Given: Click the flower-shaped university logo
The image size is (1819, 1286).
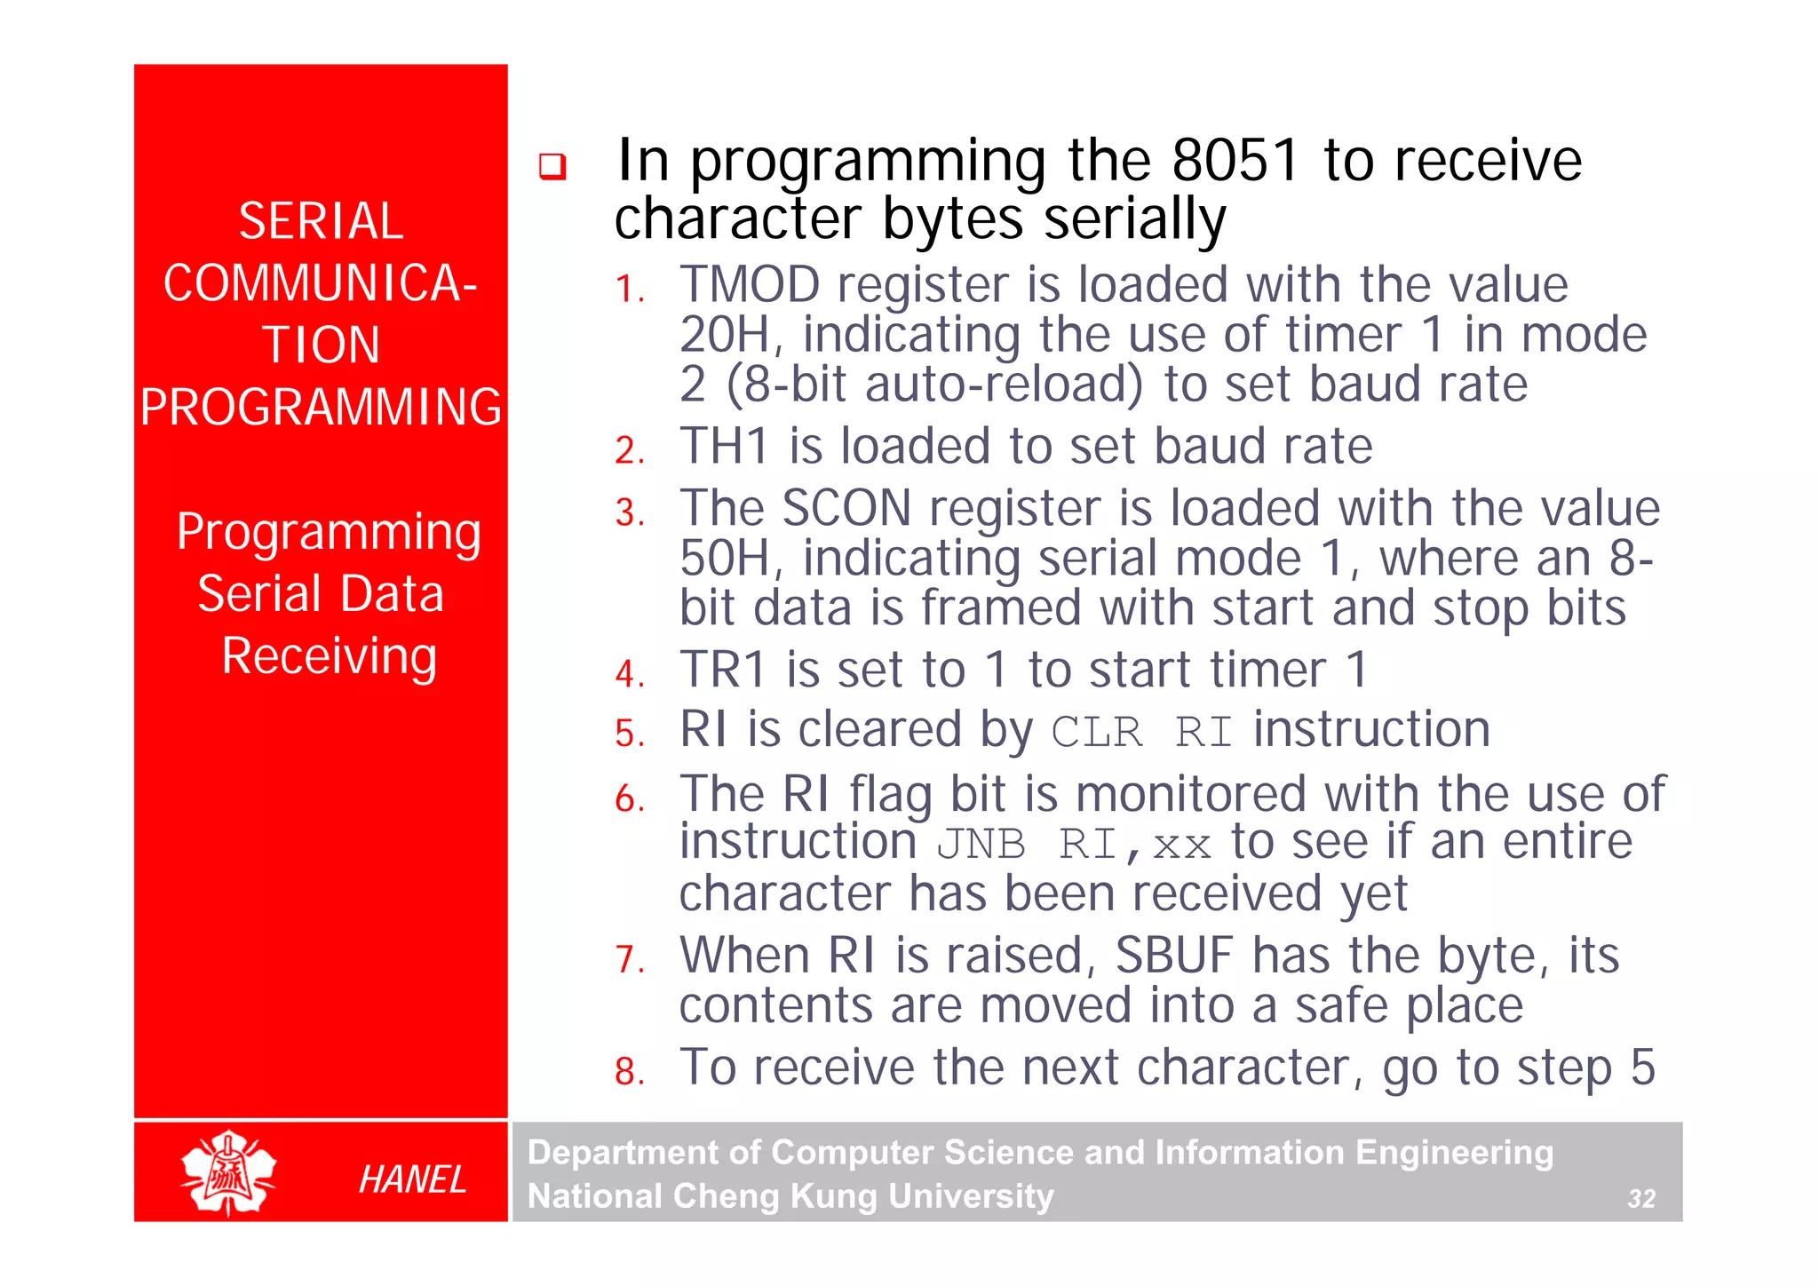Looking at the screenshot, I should point(229,1172).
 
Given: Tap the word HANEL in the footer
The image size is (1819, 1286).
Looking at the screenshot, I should point(412,1179).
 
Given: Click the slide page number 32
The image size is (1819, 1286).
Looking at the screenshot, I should point(1640,1199).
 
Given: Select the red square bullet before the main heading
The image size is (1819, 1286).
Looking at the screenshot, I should point(552,166).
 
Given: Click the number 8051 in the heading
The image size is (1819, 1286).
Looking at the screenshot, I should point(1235,161).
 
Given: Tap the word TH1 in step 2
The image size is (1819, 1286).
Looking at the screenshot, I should point(724,446).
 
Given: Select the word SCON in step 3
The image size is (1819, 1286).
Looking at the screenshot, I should point(846,509).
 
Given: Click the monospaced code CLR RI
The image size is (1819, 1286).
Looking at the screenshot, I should point(1141,733).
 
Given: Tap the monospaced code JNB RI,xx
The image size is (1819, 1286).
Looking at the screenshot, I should point(1074,845).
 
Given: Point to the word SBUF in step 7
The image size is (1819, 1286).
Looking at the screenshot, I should point(1174,957).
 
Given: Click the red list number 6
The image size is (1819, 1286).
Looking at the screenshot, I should point(629,798).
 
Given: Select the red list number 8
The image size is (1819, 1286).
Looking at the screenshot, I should point(629,1071).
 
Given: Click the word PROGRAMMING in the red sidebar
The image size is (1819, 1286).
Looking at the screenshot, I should point(321,407).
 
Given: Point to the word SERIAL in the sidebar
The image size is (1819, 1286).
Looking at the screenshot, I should point(321,221).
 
